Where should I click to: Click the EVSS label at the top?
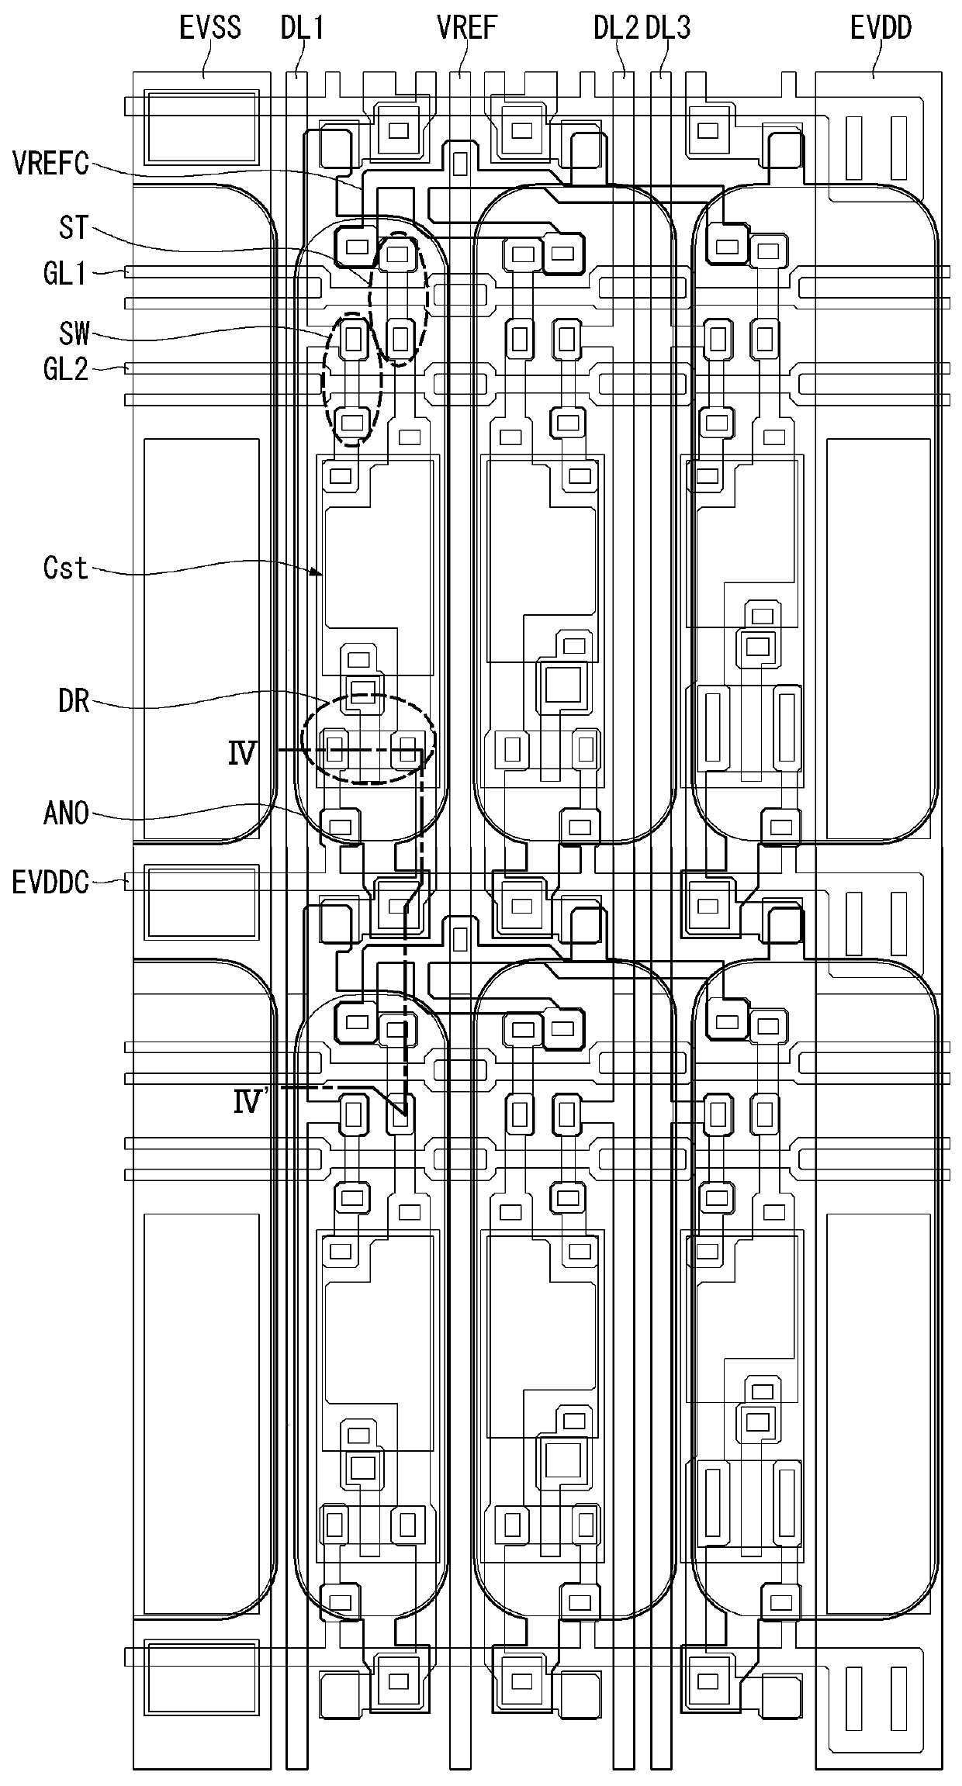[x=210, y=28]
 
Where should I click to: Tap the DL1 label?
[x=302, y=28]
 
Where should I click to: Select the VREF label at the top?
[x=466, y=28]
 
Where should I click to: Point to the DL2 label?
[x=617, y=28]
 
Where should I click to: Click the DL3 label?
[x=668, y=28]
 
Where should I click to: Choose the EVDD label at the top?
[x=881, y=28]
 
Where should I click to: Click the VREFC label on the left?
[x=51, y=164]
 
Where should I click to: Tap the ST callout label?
[x=74, y=228]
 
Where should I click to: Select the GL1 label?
[x=65, y=273]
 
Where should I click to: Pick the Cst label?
[x=66, y=568]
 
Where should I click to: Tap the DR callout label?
[x=74, y=703]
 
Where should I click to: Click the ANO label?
[x=67, y=814]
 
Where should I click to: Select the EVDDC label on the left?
[x=51, y=883]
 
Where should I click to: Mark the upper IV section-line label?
[x=241, y=754]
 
